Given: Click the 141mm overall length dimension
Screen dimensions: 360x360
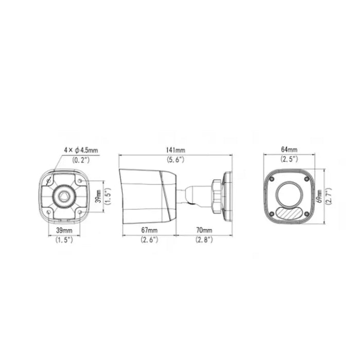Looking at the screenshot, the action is (x=176, y=150).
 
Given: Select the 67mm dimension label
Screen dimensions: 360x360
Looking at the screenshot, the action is (x=149, y=230).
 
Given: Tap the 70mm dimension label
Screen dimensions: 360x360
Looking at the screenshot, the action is (x=204, y=230).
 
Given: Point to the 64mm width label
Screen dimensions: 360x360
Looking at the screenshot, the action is (x=289, y=150).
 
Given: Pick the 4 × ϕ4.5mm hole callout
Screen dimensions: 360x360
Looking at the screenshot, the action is (x=81, y=150).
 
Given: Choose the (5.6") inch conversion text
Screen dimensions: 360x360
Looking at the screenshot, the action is (x=176, y=159).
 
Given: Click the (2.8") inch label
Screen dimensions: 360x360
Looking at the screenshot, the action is (x=204, y=240).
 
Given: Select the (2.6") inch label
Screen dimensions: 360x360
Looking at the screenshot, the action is (x=149, y=240).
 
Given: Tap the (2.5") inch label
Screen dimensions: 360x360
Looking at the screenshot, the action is (x=289, y=159).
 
